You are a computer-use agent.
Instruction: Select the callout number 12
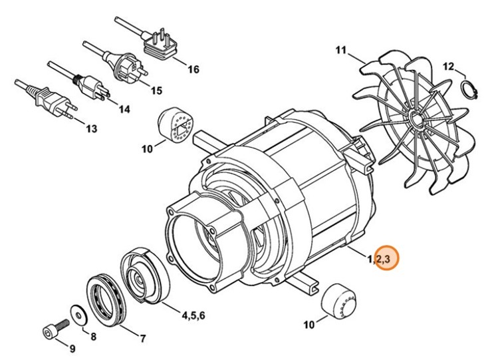click(449, 66)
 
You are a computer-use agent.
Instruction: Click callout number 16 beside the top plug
click(193, 69)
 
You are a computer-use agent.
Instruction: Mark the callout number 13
click(90, 128)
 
